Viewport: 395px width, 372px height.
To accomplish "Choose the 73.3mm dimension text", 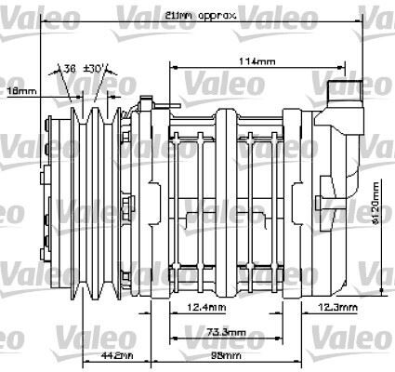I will [x=226, y=332].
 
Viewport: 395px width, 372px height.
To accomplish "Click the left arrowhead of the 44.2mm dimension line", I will [x=85, y=360].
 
